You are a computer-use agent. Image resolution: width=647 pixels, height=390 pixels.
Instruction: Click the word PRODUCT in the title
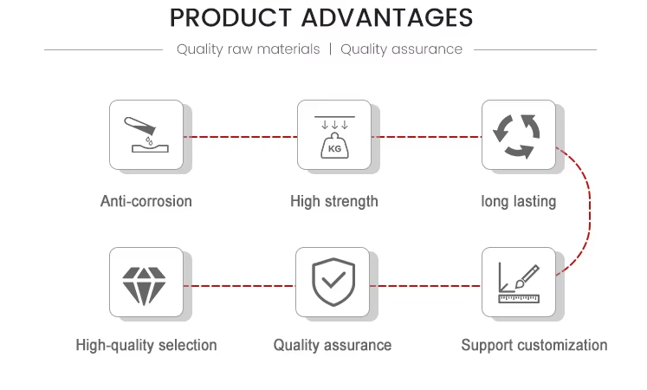230,17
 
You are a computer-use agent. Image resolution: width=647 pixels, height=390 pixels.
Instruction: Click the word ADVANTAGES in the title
387,17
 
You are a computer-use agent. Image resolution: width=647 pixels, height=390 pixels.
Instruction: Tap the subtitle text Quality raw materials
248,49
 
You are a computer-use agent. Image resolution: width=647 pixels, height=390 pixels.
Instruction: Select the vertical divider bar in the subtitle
331,49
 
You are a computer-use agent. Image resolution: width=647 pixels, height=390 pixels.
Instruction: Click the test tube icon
146,134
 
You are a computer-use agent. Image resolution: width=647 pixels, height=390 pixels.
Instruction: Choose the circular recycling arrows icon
516,136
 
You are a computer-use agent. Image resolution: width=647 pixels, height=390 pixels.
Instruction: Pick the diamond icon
144,286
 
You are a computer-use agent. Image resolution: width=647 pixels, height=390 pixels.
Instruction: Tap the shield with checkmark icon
333,283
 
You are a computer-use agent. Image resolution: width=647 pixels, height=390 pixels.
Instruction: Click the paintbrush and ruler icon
519,283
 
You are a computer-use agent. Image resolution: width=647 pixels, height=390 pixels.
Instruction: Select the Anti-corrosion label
146,201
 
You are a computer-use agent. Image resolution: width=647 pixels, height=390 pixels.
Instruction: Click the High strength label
334,202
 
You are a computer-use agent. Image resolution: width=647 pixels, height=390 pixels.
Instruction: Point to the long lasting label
519,202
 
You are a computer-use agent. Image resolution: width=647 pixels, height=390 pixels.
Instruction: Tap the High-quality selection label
146,345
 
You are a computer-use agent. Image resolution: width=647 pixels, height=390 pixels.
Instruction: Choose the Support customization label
534,345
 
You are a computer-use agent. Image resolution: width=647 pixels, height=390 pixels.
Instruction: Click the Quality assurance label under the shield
333,345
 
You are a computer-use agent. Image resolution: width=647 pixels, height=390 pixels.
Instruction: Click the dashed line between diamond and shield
239,286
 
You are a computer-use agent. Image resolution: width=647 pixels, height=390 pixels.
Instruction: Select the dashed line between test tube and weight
240,137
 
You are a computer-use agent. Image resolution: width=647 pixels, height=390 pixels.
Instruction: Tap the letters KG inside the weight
334,148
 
